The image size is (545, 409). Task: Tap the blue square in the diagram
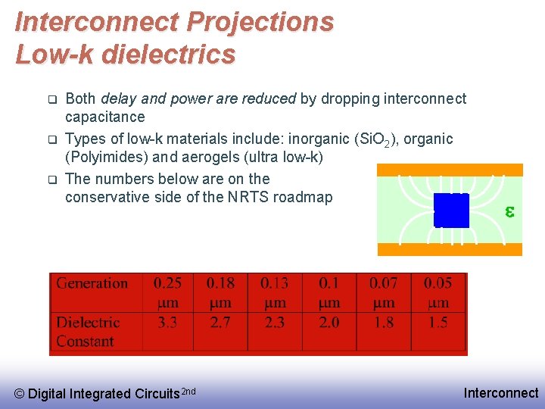(x=452, y=210)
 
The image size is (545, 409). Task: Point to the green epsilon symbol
(x=509, y=212)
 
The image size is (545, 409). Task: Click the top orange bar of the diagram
(x=450, y=170)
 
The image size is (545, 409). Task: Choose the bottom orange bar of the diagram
(x=450, y=249)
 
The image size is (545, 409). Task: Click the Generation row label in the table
(x=92, y=283)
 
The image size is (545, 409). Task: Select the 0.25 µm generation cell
(x=167, y=292)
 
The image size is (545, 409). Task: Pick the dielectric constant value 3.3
(x=167, y=323)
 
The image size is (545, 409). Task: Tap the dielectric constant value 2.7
(x=220, y=323)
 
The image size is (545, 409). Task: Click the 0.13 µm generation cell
(x=274, y=292)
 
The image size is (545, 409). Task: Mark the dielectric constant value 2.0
(x=329, y=323)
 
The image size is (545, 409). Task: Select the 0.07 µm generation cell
(x=384, y=292)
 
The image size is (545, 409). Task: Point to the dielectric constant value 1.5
(x=438, y=323)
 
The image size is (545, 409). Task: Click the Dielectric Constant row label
(x=88, y=332)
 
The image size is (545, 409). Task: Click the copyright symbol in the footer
(x=20, y=394)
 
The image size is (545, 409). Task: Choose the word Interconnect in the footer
(x=501, y=393)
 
